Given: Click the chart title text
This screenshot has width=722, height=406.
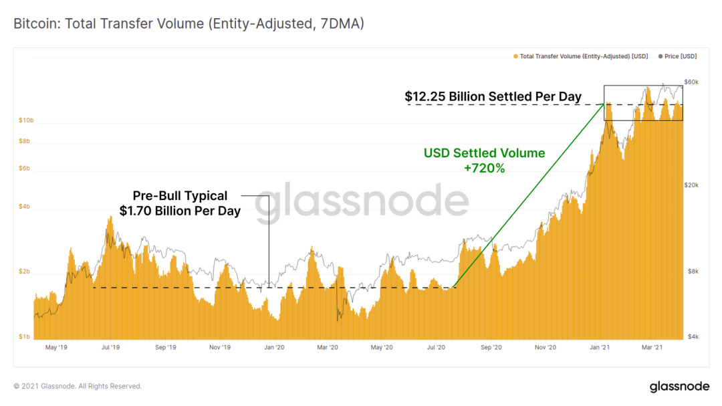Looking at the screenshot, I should click(x=189, y=24).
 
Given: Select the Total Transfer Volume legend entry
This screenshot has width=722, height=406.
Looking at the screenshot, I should click(x=581, y=56).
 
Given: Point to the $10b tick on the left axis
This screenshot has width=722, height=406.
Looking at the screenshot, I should click(x=25, y=120).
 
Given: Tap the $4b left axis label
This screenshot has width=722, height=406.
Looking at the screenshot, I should click(x=25, y=207).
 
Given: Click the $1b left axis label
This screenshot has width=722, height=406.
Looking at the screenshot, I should click(x=25, y=336).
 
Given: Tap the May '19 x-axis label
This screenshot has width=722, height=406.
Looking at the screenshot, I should click(x=55, y=348).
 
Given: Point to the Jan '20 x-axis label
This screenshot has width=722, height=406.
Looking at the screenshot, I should click(x=274, y=348).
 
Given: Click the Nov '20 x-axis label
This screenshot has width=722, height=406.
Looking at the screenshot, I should click(x=546, y=348).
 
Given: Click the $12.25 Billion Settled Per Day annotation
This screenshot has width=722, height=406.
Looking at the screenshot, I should click(x=493, y=96).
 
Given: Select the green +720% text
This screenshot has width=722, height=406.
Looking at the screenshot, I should click(x=484, y=169).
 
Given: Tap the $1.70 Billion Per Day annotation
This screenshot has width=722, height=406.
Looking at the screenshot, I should click(x=180, y=211).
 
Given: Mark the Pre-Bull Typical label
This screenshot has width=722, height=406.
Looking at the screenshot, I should click(x=180, y=196).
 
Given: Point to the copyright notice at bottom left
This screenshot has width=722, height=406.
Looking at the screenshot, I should click(x=78, y=386).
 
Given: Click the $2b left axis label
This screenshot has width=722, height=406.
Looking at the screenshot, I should click(x=25, y=273).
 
